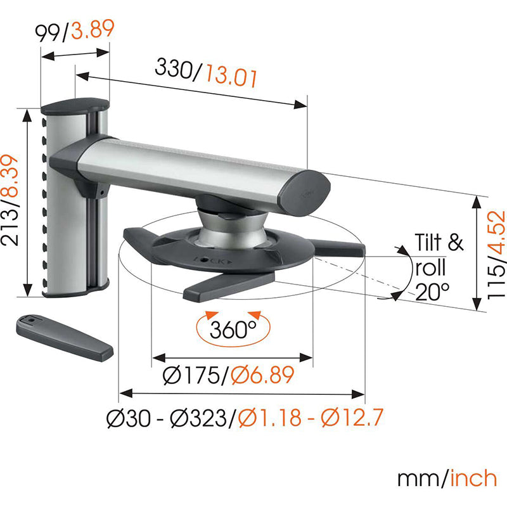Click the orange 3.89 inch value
click(x=93, y=29)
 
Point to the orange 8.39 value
click(x=10, y=176)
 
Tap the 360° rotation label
click(x=233, y=330)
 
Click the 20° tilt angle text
click(x=432, y=292)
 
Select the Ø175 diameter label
click(x=191, y=375)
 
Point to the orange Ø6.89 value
click(x=262, y=375)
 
